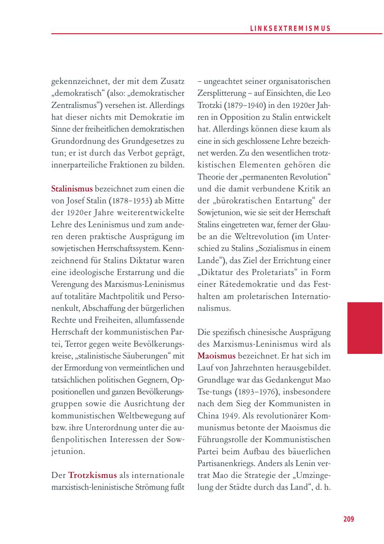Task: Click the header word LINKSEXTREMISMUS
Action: point(290,29)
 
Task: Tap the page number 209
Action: point(349,519)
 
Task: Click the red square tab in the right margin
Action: point(364,328)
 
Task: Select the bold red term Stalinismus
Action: point(72,188)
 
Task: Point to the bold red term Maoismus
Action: point(216,355)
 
